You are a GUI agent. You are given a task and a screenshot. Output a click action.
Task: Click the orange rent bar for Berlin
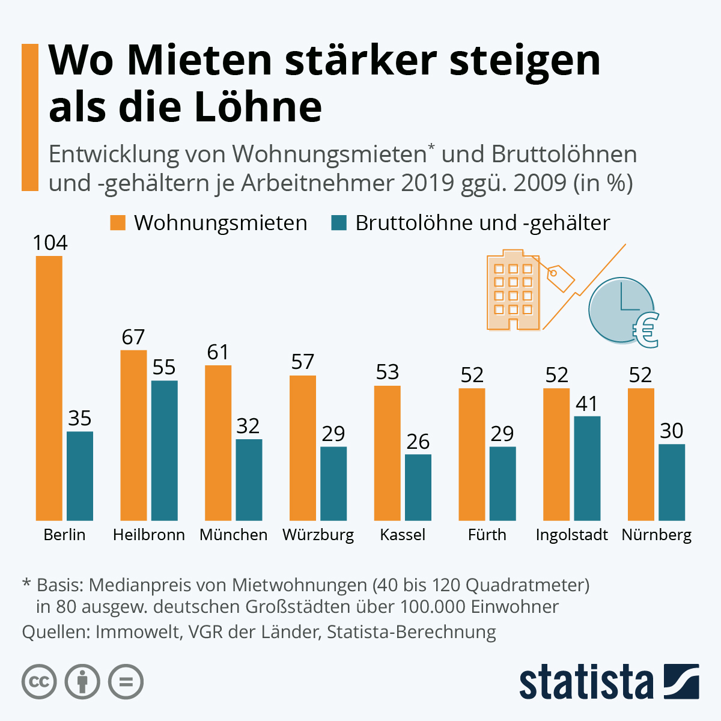[x=49, y=388]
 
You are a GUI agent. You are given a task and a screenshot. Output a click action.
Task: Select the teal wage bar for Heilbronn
[x=165, y=450]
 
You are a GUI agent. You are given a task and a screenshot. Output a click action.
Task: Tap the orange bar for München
[x=218, y=442]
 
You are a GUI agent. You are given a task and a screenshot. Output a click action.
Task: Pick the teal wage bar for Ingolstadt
[x=587, y=468]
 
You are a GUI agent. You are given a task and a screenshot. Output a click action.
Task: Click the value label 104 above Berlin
[x=50, y=243]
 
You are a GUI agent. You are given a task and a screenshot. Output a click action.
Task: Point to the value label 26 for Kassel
[x=418, y=442]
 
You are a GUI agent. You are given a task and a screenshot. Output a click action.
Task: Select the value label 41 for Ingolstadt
[x=587, y=404]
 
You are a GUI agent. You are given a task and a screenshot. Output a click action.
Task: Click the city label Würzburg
[x=318, y=535]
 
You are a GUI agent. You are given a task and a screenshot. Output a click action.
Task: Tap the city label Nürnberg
[x=657, y=535]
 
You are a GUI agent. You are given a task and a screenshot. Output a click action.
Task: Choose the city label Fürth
[x=487, y=535]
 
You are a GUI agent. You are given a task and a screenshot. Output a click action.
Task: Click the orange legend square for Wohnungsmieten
[x=118, y=222]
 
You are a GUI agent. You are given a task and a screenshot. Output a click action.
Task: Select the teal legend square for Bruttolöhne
[x=339, y=222]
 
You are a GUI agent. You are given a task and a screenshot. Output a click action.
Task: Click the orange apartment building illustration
[x=513, y=291]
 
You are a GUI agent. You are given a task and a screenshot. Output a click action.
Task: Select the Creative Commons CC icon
[x=39, y=682]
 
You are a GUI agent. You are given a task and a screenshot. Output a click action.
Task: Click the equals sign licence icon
[x=126, y=682]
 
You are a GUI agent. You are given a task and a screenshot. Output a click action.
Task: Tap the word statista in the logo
[x=586, y=683]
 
